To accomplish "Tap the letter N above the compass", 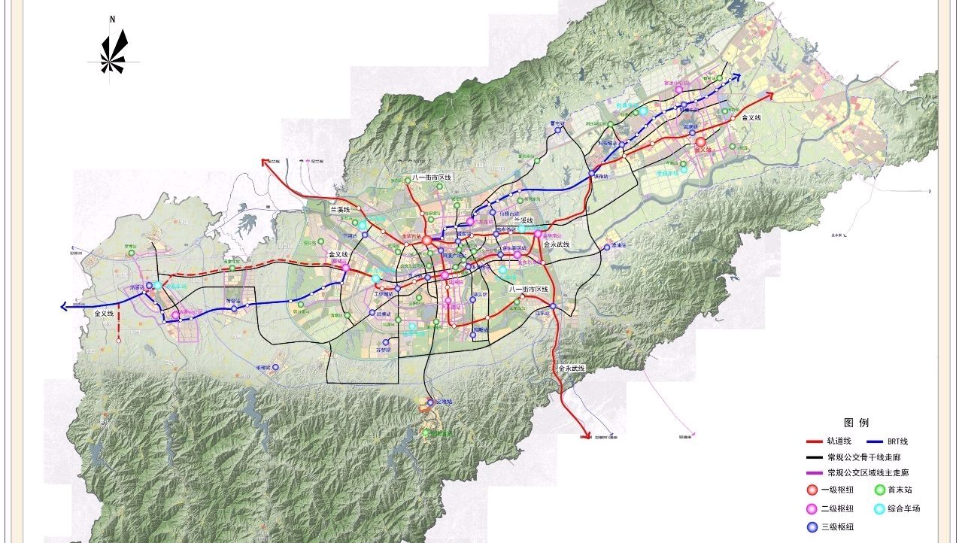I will click(x=112, y=19).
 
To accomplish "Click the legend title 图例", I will click(x=856, y=423).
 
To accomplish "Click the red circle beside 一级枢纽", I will click(x=812, y=490).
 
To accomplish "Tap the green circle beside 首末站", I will click(x=879, y=490).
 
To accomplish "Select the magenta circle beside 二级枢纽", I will click(x=812, y=508).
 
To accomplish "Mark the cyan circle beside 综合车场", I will click(x=879, y=508).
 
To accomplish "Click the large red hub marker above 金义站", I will click(x=700, y=141).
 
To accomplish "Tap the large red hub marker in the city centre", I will click(x=426, y=241).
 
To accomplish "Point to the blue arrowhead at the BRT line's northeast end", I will click(x=738, y=76).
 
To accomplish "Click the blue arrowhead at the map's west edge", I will click(x=65, y=306).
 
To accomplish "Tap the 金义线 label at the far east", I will click(x=751, y=118).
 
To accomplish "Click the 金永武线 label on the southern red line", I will click(x=572, y=369).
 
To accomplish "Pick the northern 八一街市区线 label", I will click(x=432, y=177).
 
